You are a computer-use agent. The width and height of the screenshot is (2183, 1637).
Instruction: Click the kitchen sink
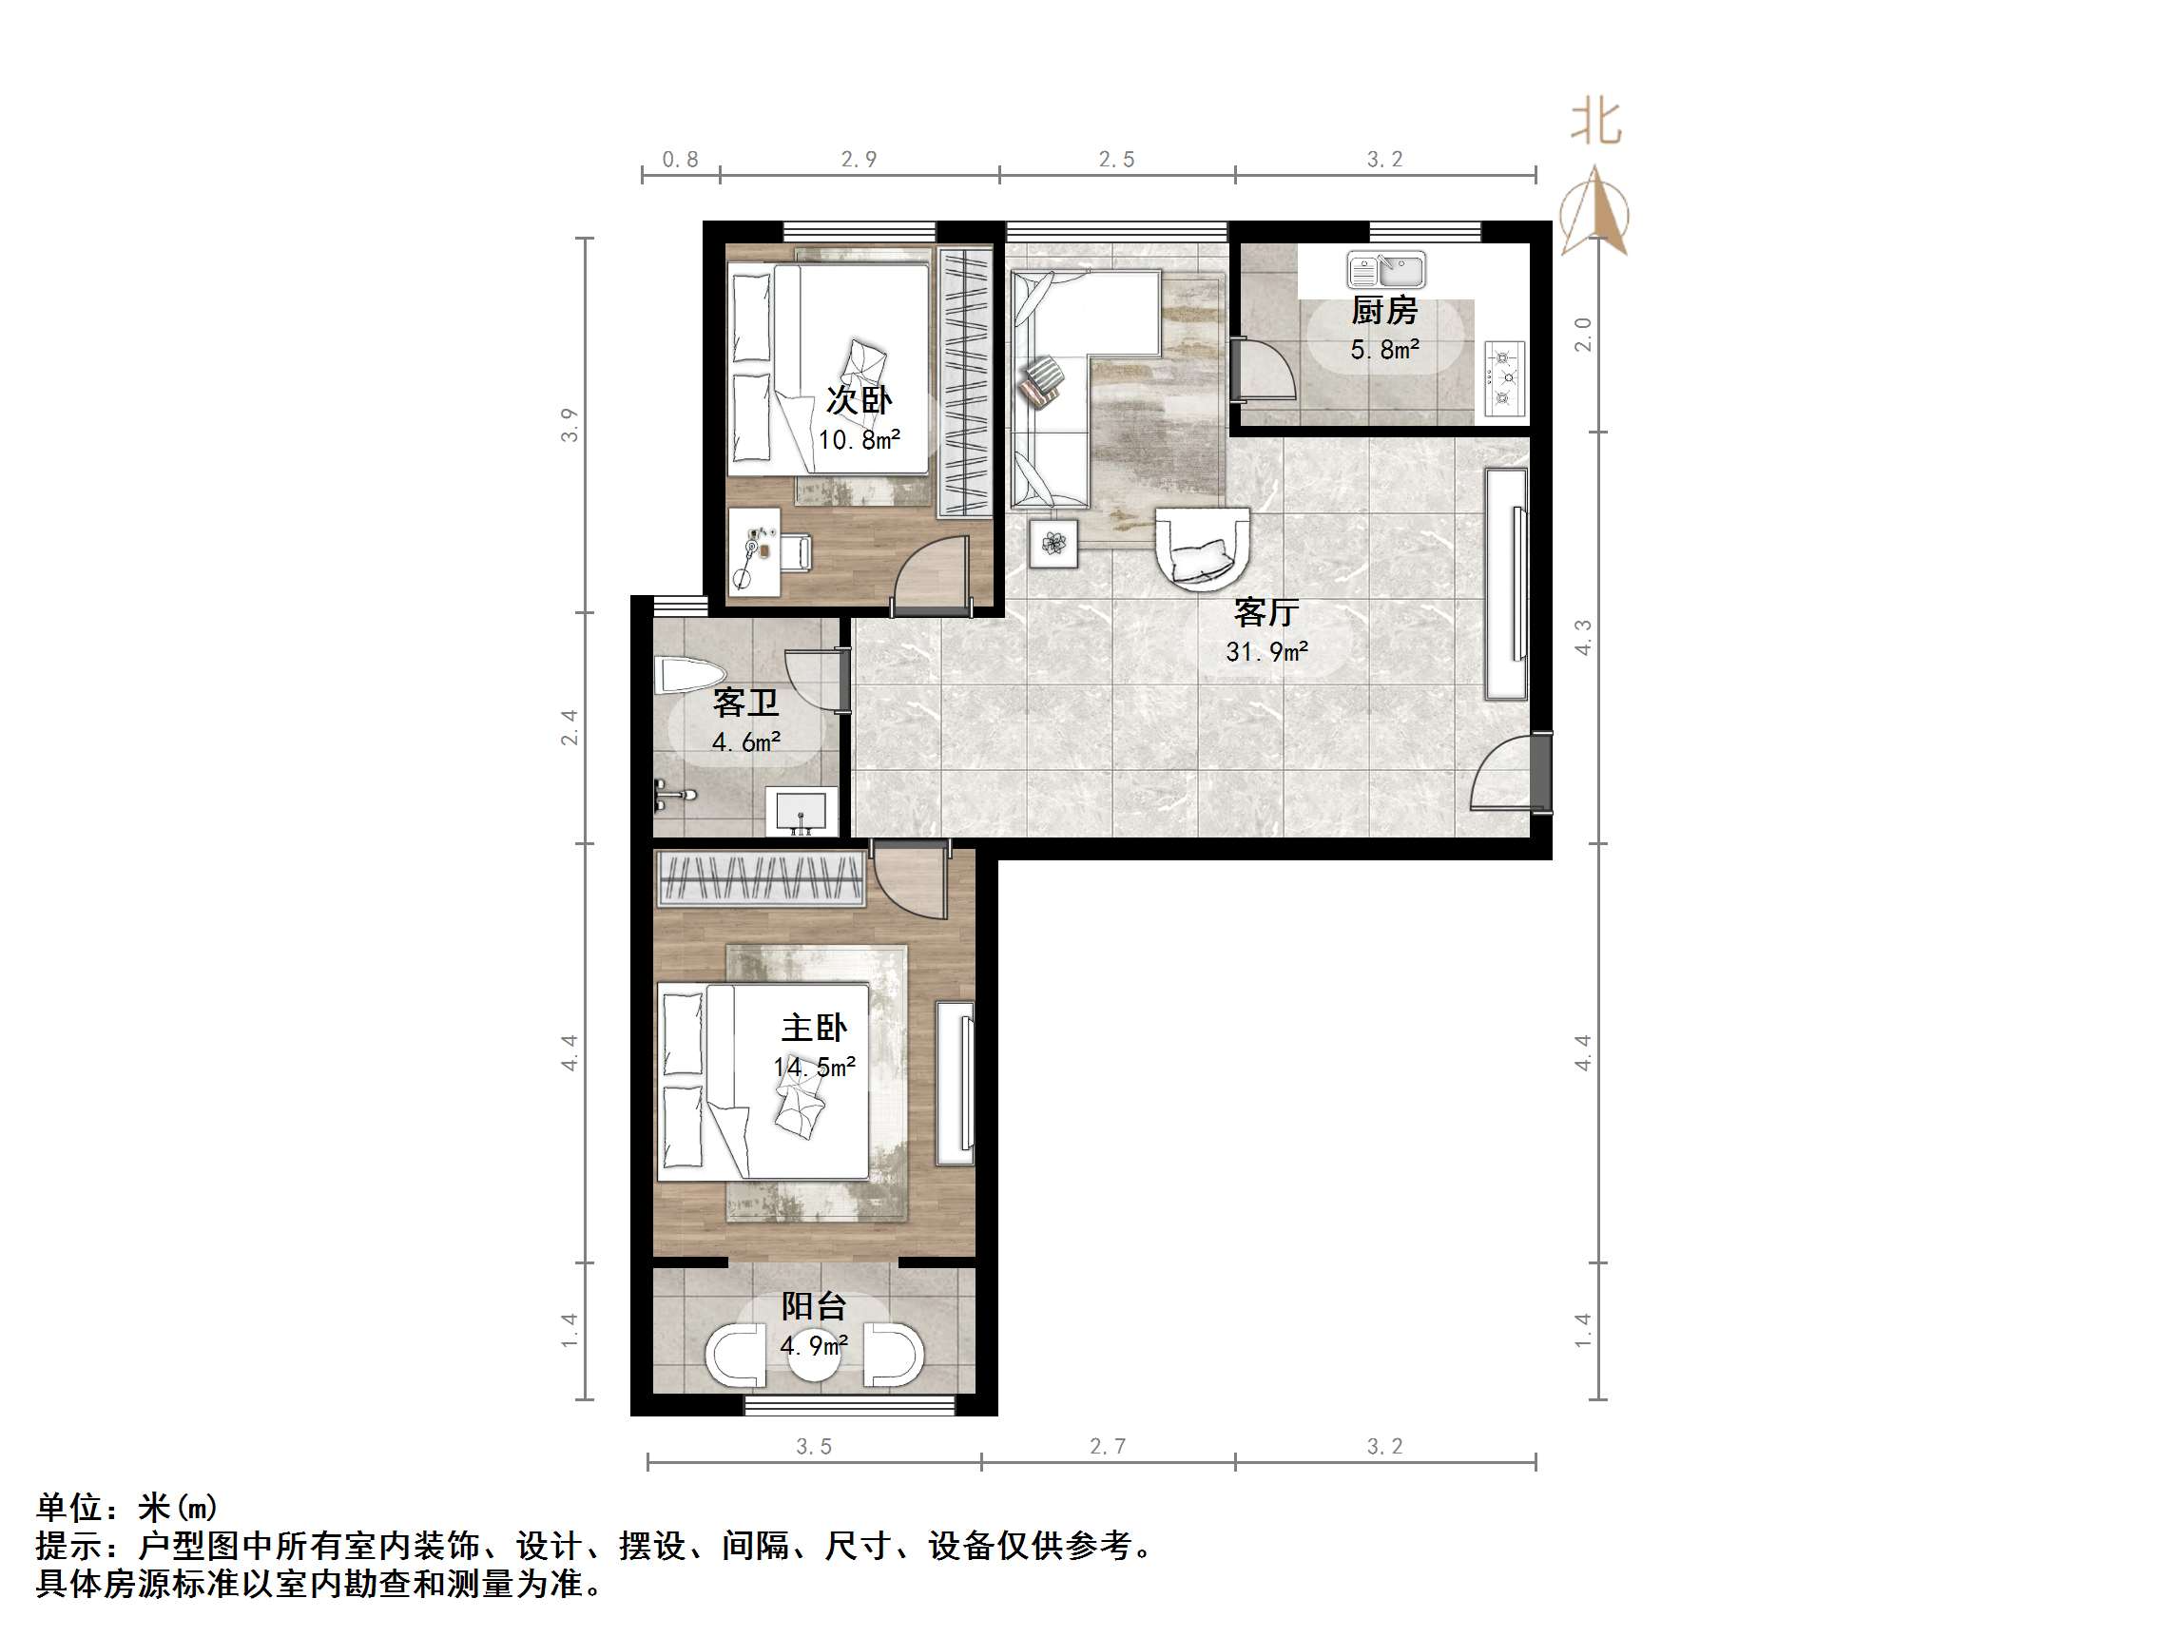[x=1385, y=269]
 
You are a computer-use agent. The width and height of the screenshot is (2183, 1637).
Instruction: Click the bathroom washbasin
[x=802, y=811]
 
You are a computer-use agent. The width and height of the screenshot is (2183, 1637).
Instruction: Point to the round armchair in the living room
[x=1203, y=548]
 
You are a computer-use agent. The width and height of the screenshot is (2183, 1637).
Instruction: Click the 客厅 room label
[x=1266, y=613]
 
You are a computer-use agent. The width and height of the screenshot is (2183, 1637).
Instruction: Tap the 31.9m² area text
[x=1267, y=651]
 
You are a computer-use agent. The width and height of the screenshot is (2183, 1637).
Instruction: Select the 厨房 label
[x=1384, y=311]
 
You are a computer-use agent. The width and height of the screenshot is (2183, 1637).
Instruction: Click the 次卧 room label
[x=859, y=400]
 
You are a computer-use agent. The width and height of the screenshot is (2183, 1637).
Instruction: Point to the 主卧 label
[x=814, y=1029]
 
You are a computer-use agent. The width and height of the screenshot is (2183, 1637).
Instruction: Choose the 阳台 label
[x=814, y=1306]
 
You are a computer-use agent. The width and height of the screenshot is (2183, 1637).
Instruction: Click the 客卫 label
[x=746, y=703]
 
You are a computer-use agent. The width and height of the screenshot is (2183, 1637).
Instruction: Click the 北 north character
[x=1595, y=124]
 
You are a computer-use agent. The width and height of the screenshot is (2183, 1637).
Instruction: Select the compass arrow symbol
[x=1594, y=212]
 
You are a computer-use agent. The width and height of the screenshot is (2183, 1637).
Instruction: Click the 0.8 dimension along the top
[x=680, y=159]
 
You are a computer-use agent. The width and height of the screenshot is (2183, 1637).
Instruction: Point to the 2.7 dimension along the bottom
[x=1108, y=1447]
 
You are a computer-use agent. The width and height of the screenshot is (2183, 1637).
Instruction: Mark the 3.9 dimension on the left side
[x=570, y=424]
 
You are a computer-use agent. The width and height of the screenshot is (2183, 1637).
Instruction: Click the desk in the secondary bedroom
[x=754, y=552]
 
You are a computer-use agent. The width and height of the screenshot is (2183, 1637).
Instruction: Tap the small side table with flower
[x=1053, y=544]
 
